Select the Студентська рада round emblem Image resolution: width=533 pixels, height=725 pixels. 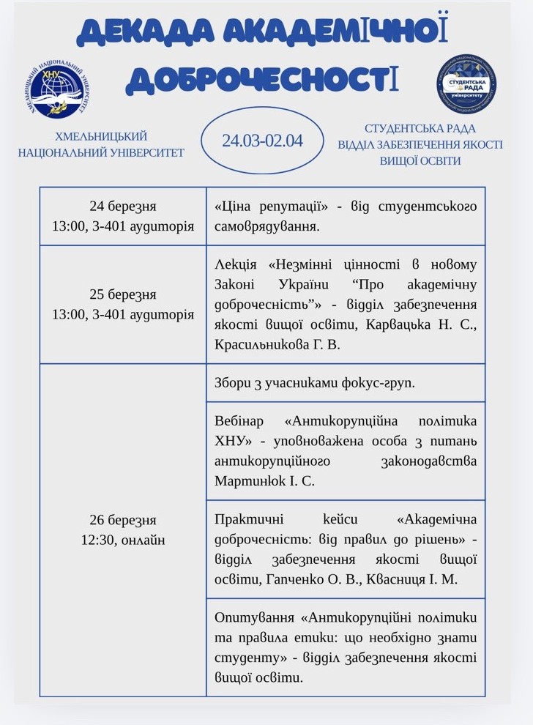tap(466, 83)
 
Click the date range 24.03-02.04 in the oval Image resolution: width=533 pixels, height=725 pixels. tap(262, 140)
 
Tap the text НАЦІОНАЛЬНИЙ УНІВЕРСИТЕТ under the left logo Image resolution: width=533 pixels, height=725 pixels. tap(101, 152)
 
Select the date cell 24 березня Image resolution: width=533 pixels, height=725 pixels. tap(123, 207)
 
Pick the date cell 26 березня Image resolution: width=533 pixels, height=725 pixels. tap(123, 521)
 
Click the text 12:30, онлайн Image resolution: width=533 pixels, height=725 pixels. tap(123, 540)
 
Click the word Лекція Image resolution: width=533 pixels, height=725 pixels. tap(236, 264)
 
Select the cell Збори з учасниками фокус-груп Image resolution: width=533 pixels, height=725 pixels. tap(316, 383)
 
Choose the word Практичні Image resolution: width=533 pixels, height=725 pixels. tap(247, 520)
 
